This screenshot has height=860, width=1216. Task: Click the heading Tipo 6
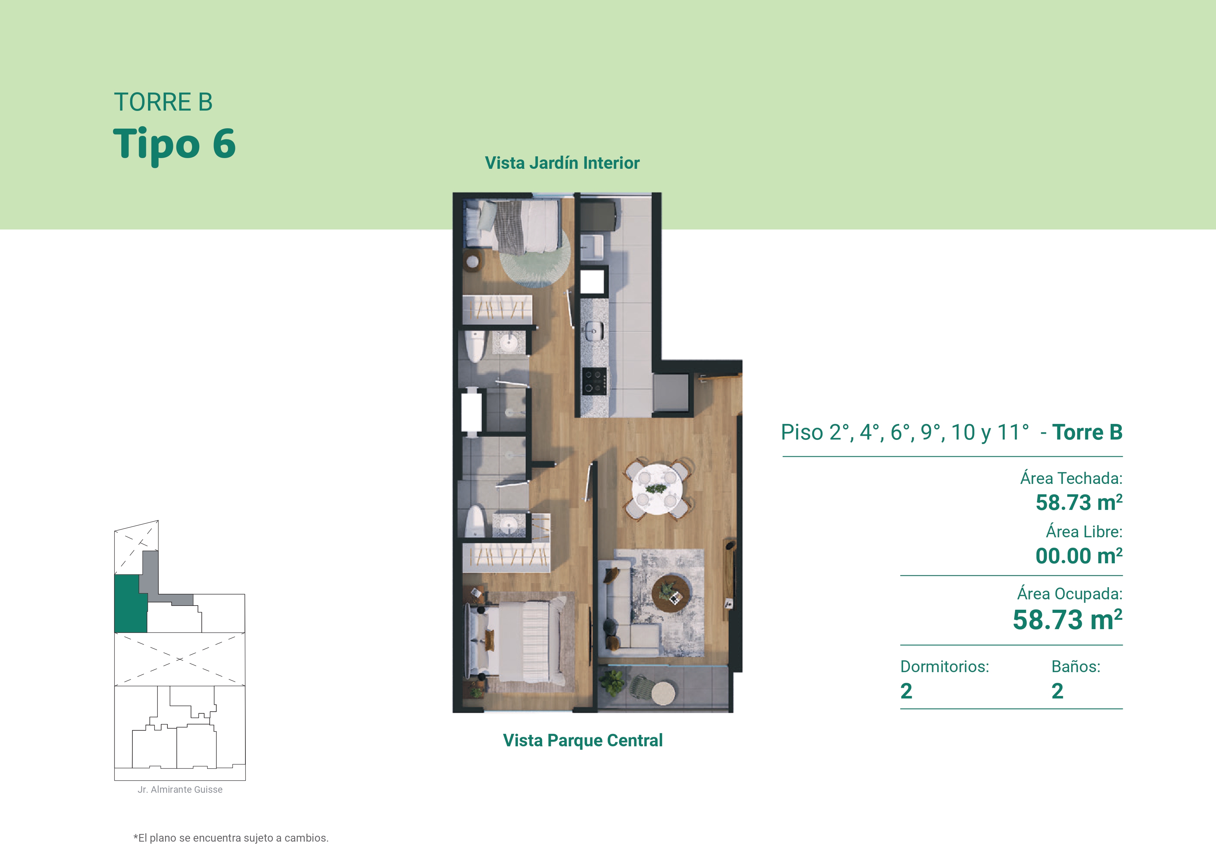coord(174,144)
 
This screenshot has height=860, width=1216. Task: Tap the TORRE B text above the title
coord(163,102)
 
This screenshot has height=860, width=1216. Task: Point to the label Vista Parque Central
coord(583,740)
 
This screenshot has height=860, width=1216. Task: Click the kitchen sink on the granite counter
coord(594,331)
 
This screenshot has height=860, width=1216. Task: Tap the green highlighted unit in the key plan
coord(130,604)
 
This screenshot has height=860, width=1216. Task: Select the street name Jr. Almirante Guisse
coord(180,790)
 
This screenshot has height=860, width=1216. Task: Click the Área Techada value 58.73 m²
coord(1079,503)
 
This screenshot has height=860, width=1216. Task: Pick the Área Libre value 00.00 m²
coord(1079,556)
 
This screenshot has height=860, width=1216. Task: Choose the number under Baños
coord(1057,691)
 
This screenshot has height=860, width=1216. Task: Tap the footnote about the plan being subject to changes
coord(231,838)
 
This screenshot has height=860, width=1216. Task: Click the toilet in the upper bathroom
coord(475,346)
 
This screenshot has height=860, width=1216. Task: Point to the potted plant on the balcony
coord(613,682)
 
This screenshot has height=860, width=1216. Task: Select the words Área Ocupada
coord(1069,594)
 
